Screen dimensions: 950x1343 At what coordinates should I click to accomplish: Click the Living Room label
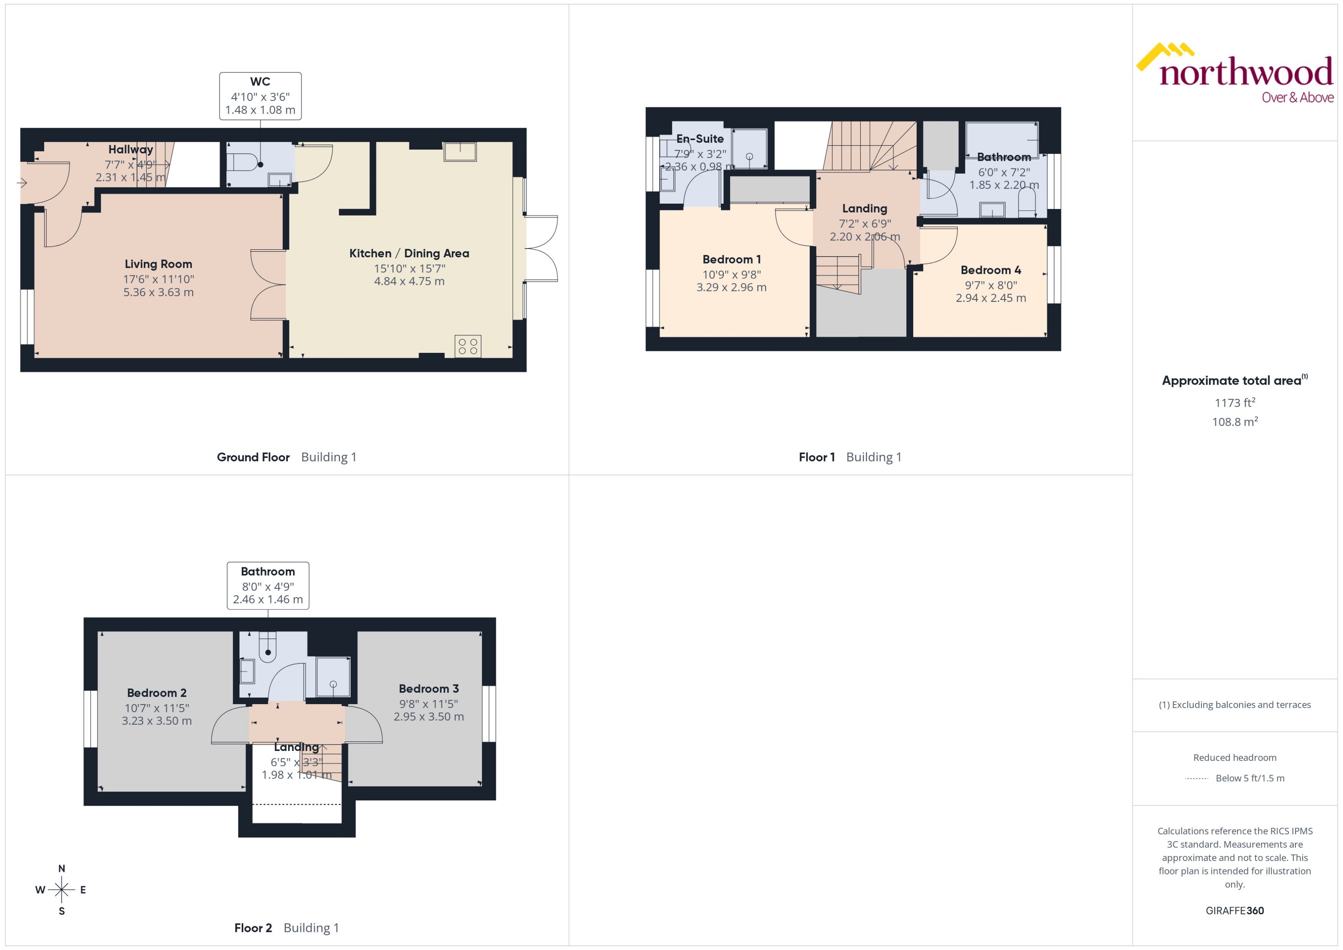(158, 264)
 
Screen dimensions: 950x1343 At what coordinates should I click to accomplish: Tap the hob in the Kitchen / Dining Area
(468, 346)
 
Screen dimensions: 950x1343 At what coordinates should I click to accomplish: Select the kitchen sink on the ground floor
(460, 151)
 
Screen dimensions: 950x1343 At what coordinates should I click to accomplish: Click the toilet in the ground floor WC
(242, 161)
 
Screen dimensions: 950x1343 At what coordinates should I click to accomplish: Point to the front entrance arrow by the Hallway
(22, 183)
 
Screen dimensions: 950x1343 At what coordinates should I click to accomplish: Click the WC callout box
(261, 96)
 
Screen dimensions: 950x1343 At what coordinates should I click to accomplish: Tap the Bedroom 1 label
(731, 259)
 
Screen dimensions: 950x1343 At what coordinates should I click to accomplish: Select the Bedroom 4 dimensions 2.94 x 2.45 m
(991, 298)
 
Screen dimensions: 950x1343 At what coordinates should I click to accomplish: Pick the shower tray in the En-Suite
(749, 148)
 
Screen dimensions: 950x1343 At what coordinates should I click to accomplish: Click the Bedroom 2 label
(157, 693)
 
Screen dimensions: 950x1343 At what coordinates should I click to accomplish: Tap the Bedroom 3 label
(429, 688)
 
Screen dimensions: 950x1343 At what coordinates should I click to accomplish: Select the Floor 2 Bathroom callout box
(268, 586)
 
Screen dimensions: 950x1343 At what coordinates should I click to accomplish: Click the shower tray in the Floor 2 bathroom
(333, 677)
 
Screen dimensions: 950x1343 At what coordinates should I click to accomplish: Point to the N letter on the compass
(61, 869)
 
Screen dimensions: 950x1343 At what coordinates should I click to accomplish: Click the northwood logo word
(1246, 73)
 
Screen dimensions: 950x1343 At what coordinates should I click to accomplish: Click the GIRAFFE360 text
(1235, 911)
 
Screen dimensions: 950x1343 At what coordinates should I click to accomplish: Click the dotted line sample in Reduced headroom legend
(1197, 779)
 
